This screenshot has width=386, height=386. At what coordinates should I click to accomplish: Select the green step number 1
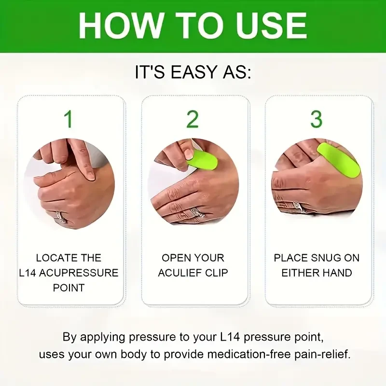[x=69, y=119]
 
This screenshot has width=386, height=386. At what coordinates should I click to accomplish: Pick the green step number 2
[x=193, y=119]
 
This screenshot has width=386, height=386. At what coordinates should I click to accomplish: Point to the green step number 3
[x=317, y=119]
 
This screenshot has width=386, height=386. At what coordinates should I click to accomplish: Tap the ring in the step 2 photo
[x=197, y=213]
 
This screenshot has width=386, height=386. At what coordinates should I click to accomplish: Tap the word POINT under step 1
[x=69, y=288]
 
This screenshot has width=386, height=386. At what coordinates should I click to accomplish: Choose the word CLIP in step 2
[x=217, y=273]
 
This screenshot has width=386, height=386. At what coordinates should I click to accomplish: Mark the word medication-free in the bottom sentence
[x=232, y=354]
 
